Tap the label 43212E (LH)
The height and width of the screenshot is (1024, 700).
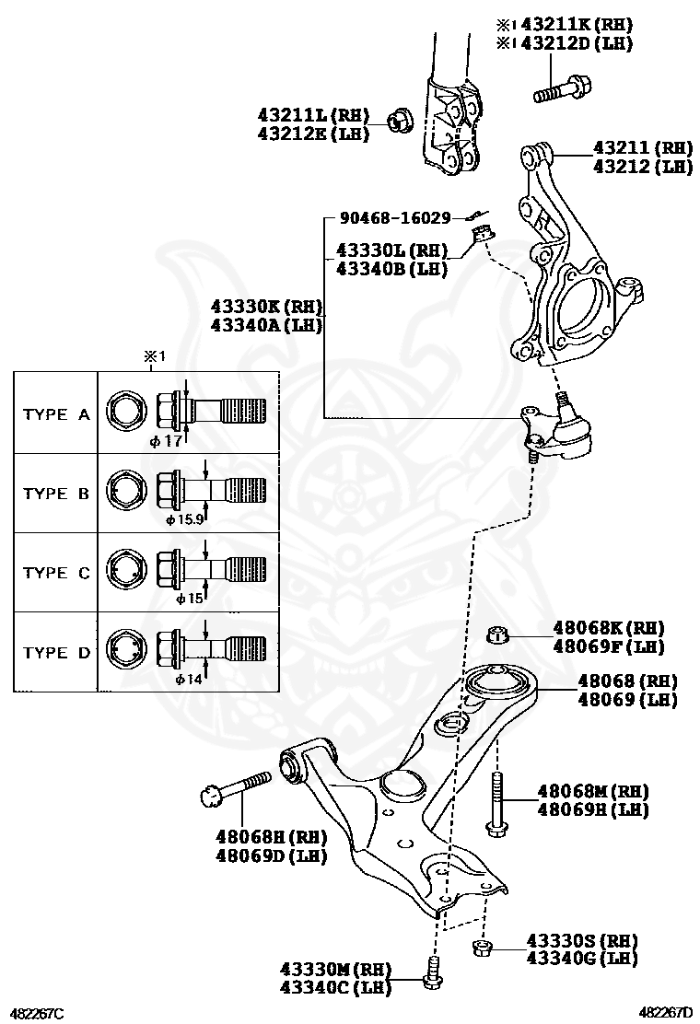[313, 134]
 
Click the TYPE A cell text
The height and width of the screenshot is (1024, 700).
[56, 414]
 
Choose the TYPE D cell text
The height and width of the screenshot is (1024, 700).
[56, 653]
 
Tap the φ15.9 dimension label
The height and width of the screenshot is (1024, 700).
[184, 519]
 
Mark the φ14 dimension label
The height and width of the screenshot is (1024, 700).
[189, 679]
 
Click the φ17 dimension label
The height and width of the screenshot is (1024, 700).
[167, 441]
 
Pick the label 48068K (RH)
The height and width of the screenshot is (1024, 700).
[609, 627]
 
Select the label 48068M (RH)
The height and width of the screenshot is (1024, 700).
[593, 791]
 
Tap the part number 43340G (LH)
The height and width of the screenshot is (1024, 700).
[582, 959]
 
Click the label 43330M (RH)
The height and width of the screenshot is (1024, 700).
[336, 970]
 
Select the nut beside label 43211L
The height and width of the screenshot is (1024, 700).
[398, 118]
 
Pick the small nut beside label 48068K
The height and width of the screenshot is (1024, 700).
[497, 634]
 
